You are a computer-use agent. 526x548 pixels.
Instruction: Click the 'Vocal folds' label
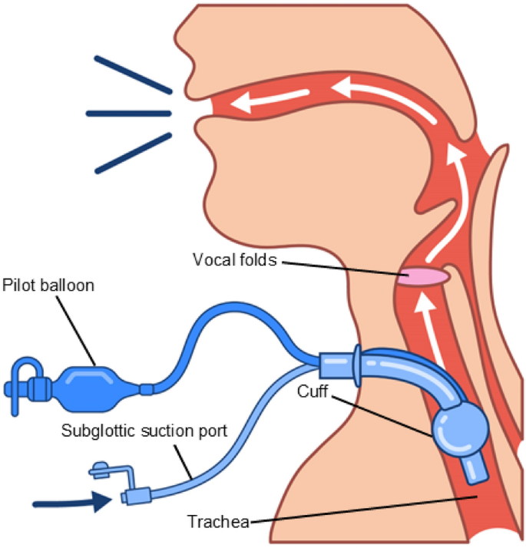[233, 260]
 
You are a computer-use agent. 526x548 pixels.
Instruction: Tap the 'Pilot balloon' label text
[49, 286]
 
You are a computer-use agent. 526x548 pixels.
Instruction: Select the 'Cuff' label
[313, 391]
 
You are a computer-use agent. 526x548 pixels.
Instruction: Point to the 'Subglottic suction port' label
[144, 431]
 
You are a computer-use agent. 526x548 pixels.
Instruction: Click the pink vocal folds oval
[422, 276]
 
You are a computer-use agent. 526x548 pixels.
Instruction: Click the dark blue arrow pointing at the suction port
[73, 503]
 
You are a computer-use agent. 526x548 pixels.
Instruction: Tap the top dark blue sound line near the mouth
[131, 74]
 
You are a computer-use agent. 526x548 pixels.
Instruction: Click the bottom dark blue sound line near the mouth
[131, 152]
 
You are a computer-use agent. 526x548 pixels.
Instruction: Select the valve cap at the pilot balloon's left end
[24, 381]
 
